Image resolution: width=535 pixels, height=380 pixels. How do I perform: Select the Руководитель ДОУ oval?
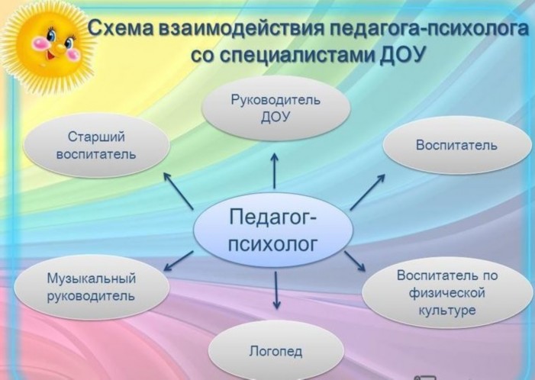276,108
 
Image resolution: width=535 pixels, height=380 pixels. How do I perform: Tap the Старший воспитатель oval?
97,145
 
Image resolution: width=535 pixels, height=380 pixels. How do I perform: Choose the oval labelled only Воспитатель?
457,145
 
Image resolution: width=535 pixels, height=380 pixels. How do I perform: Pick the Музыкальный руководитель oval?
92,287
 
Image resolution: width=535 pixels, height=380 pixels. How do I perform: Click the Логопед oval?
276,351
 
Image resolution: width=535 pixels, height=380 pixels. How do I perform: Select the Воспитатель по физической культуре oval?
447,293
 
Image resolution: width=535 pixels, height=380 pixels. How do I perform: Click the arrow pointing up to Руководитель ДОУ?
274,171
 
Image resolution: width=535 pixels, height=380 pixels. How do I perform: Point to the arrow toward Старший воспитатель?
178,190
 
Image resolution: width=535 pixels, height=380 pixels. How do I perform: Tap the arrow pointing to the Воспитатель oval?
368,192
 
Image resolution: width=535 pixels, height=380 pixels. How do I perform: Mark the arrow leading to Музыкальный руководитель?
179,261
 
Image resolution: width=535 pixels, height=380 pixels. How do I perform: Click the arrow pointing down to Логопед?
277,291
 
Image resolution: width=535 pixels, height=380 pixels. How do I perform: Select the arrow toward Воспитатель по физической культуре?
355,261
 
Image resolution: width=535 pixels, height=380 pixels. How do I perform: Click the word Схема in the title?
122,29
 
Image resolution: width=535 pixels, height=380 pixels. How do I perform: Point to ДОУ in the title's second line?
403,55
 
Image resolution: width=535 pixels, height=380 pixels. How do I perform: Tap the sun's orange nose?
60,48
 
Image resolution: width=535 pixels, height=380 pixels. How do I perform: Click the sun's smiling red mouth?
51,55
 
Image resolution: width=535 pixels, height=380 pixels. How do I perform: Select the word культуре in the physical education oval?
447,311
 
